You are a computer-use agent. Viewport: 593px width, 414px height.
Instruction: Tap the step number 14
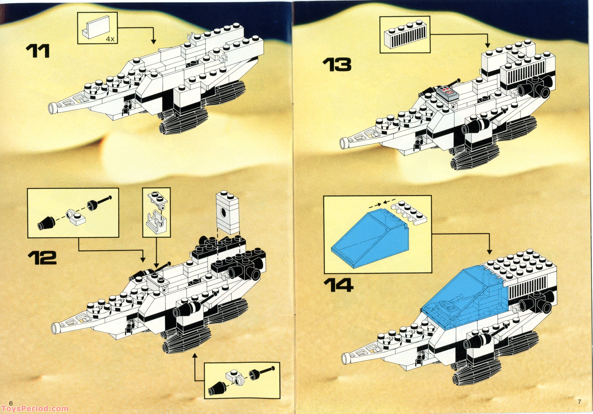(338, 285)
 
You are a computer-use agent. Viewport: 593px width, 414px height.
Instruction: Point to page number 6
(11, 403)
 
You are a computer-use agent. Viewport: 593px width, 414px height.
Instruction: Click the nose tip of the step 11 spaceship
(53, 108)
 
